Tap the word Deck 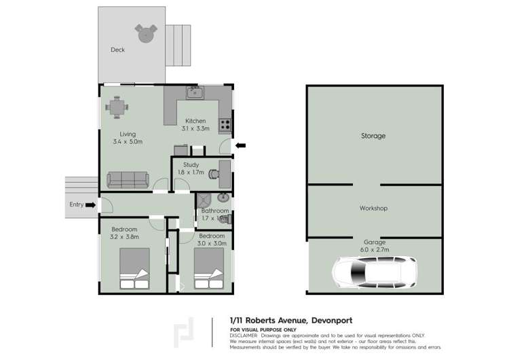pos(118,50)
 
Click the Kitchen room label pos(196,121)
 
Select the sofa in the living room pos(128,179)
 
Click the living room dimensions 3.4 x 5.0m pos(128,141)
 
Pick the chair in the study pos(214,173)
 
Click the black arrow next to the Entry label pos(92,204)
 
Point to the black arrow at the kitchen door pos(240,145)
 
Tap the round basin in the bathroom pos(223,198)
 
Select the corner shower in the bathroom pos(204,200)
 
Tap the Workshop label pos(373,208)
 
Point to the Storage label pos(373,136)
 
